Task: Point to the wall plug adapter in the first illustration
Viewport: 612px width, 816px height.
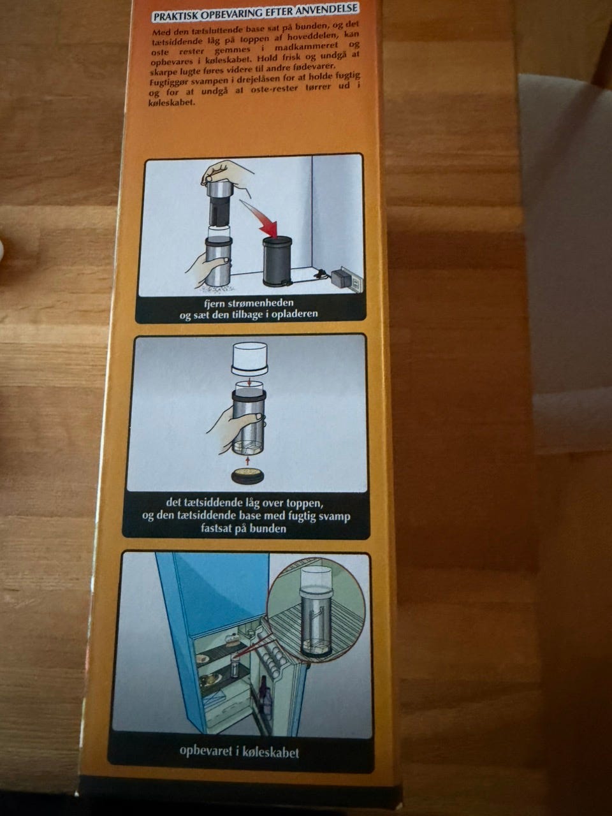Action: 341,279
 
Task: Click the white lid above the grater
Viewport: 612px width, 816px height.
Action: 250,358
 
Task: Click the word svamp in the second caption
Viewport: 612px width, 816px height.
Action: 335,516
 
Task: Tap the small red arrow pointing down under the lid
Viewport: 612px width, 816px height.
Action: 249,382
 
